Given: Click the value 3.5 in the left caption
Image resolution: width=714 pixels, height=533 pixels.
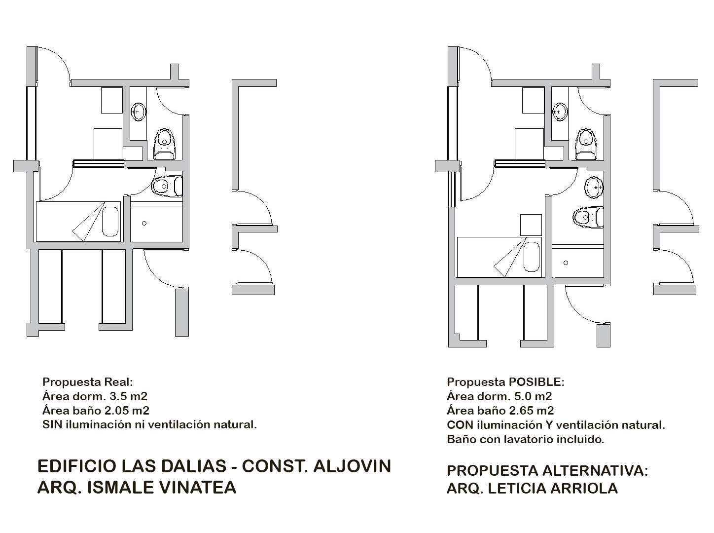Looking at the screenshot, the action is click(119, 396).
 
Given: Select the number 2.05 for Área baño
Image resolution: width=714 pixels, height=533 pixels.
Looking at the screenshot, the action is click(115, 411).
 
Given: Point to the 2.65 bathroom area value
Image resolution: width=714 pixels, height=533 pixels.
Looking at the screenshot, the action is click(520, 411).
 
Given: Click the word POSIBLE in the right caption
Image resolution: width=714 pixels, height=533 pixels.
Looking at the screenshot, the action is click(536, 382).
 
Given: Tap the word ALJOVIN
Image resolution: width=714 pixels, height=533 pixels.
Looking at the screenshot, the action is click(352, 466).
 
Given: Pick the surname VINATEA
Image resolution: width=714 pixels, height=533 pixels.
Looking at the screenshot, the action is click(195, 488).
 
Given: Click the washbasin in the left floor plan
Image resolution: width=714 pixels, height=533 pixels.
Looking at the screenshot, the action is click(138, 112).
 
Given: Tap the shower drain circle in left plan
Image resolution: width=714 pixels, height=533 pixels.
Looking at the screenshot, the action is click(144, 224).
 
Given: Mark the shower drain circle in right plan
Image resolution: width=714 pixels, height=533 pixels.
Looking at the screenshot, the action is click(566, 263).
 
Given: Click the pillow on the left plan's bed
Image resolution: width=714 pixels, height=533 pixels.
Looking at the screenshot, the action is click(110, 221).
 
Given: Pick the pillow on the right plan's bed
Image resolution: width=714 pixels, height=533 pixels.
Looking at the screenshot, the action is click(532, 257).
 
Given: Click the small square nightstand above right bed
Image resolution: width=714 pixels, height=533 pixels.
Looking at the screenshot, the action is click(531, 225).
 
